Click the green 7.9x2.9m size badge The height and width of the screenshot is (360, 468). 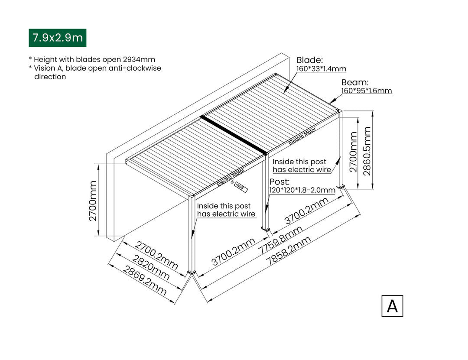click(57, 38)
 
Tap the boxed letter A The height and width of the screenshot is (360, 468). click(392, 306)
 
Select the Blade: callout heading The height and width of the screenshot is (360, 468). click(309, 60)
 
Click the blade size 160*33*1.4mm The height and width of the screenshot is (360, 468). click(321, 69)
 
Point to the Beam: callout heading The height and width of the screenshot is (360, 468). click(355, 82)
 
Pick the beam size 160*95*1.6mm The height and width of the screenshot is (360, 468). click(367, 91)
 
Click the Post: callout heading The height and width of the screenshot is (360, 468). click(279, 182)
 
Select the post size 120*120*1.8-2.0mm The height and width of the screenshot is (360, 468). click(302, 190)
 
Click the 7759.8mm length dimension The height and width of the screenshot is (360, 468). click(280, 242)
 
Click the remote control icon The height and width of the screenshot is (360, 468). click(240, 187)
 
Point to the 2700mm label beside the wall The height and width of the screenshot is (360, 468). click(93, 201)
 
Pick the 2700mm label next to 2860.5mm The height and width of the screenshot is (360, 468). click(353, 152)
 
